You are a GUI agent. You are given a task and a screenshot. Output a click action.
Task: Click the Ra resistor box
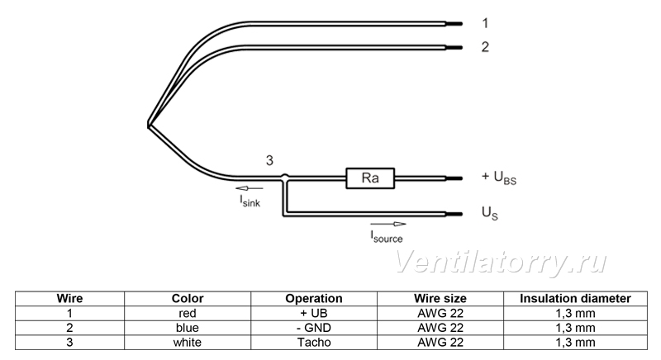pyautogui.click(x=370, y=178)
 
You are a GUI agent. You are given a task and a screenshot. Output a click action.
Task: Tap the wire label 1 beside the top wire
pyautogui.click(x=485, y=23)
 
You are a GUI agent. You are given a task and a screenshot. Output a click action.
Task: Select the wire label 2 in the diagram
pyautogui.click(x=485, y=47)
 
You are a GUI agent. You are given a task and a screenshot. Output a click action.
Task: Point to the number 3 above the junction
pyautogui.click(x=269, y=160)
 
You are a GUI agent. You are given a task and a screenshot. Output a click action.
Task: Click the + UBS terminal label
pyautogui.click(x=499, y=178)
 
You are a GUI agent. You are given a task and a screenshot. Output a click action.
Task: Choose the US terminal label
pyautogui.click(x=489, y=213)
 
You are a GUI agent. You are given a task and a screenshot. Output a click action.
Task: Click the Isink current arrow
pyautogui.click(x=250, y=188)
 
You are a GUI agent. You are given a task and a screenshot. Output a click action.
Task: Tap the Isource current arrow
pyautogui.click(x=388, y=224)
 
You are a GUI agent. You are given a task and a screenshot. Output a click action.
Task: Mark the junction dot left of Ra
pyautogui.click(x=285, y=177)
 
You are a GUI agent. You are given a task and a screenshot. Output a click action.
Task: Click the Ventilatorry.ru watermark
pyautogui.click(x=501, y=262)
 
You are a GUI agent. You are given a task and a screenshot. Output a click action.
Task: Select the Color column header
pyautogui.click(x=188, y=299)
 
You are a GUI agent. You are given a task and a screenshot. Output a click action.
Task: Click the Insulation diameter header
pyautogui.click(x=575, y=299)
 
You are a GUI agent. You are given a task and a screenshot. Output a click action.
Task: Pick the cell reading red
pyautogui.click(x=188, y=313)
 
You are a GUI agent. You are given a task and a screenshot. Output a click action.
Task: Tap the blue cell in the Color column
pyautogui.click(x=188, y=328)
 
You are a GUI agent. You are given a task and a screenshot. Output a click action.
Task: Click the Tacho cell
pyautogui.click(x=314, y=343)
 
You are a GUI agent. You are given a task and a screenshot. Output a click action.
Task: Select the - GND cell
pyautogui.click(x=314, y=328)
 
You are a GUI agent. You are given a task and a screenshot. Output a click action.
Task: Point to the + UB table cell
pyautogui.click(x=314, y=313)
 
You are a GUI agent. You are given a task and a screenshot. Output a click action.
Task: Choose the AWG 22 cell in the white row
pyautogui.click(x=440, y=343)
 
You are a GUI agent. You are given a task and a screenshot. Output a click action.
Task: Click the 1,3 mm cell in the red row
pyautogui.click(x=575, y=313)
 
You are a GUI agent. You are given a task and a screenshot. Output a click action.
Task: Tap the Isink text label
pyautogui.click(x=250, y=201)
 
